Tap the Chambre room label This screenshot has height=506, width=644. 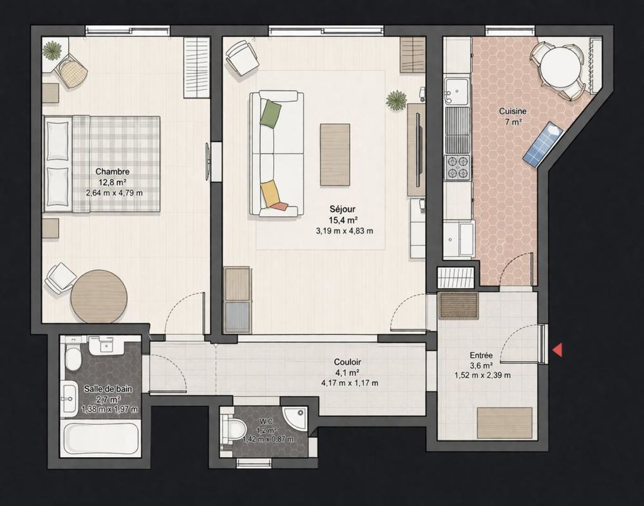click(x=113, y=172)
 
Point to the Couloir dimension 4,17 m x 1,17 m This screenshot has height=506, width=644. click(x=349, y=383)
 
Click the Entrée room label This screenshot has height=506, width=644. click(x=482, y=355)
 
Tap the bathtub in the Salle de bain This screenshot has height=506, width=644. click(x=101, y=438)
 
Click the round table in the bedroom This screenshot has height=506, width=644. click(x=99, y=297)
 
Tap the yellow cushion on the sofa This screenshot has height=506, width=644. click(x=270, y=192)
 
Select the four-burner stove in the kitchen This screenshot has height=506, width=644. click(x=458, y=167)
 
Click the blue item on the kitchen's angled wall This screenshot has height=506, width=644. click(x=542, y=145)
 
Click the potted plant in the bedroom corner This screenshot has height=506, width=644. click(x=53, y=50)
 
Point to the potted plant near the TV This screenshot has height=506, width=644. click(x=397, y=100)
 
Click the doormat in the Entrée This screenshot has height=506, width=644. click(x=459, y=306)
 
